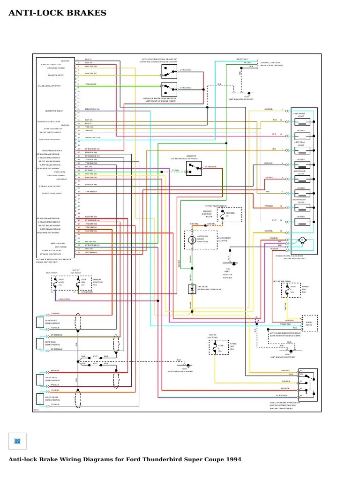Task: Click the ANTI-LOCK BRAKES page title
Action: click(58, 13)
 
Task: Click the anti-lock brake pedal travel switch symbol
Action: click(168, 71)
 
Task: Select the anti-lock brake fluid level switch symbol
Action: click(168, 88)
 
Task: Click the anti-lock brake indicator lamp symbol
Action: click(191, 240)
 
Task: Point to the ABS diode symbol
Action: click(191, 289)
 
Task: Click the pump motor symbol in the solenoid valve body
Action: click(302, 240)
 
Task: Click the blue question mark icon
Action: click(17, 441)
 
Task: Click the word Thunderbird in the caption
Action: click(145, 459)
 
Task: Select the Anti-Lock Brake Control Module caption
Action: click(54, 261)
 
